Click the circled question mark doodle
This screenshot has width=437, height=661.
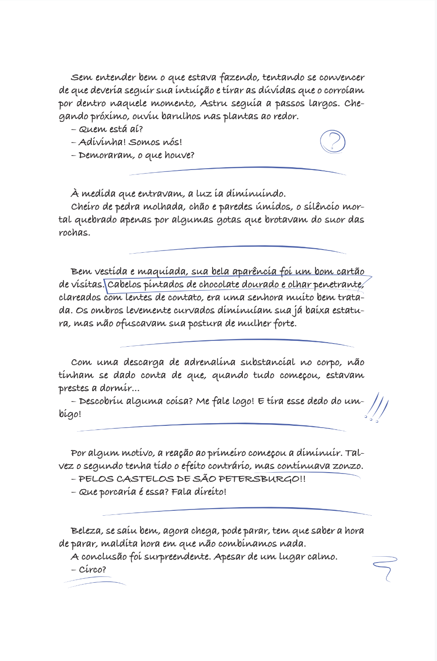pyautogui.click(x=333, y=142)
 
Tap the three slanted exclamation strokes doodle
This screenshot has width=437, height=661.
pyautogui.click(x=377, y=407)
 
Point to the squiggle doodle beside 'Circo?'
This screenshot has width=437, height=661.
pyautogui.click(x=385, y=567)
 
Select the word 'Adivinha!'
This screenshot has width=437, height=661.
pyautogui.click(x=102, y=142)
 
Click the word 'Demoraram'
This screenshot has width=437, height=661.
pyautogui.click(x=106, y=155)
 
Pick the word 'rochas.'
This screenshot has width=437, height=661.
pyautogui.click(x=74, y=233)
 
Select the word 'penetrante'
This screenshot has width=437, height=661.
pyautogui.click(x=338, y=285)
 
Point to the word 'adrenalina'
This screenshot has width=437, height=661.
pyautogui.click(x=210, y=362)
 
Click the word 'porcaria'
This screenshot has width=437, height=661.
pyautogui.click(x=118, y=492)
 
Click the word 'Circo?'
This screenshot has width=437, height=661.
pyautogui.click(x=93, y=570)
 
